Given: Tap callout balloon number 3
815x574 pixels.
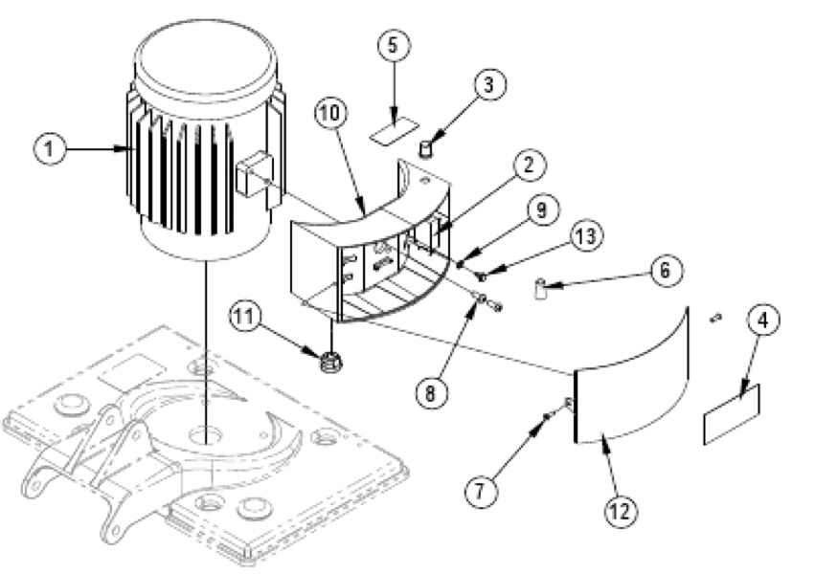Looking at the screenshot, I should coord(487,84).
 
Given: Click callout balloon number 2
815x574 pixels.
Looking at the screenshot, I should coord(528,165).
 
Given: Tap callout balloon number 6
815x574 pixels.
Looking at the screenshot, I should coord(662,271).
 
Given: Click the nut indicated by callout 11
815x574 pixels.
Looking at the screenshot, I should coord(331,361).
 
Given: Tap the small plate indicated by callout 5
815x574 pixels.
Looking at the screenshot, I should coord(396,131).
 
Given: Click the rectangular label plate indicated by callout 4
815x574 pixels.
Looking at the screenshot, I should coord(732,414).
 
